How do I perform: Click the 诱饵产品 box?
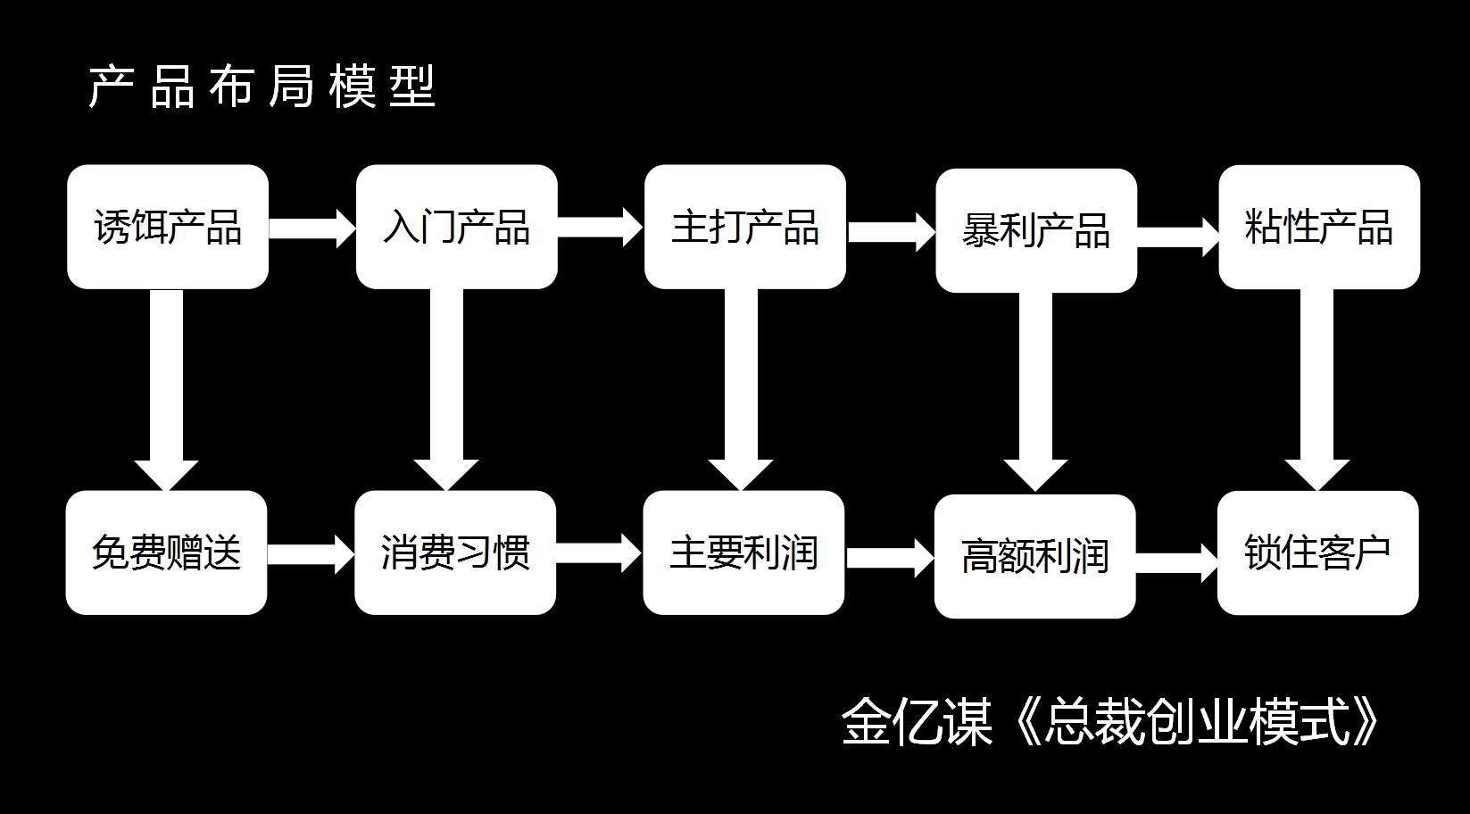tap(168, 227)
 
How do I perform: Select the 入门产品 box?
tap(456, 227)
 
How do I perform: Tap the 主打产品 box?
tap(745, 227)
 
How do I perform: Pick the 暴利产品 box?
tap(1036, 230)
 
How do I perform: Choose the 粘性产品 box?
tap(1319, 227)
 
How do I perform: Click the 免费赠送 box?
tap(166, 552)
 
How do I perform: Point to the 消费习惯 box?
tap(455, 552)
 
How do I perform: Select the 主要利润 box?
tap(743, 552)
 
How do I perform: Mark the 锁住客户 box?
tap(1317, 552)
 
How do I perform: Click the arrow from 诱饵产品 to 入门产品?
tap(312, 228)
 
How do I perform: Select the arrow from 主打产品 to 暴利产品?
tap(891, 231)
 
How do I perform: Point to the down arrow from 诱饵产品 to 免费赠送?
tap(166, 393)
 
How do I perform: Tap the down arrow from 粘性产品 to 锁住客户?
tap(1316, 393)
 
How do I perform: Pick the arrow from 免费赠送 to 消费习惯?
tap(311, 553)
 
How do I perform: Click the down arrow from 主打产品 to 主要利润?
tap(741, 393)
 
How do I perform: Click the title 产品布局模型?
tap(262, 87)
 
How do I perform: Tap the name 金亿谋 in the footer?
tap(917, 721)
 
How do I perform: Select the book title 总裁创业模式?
tap(1196, 721)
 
